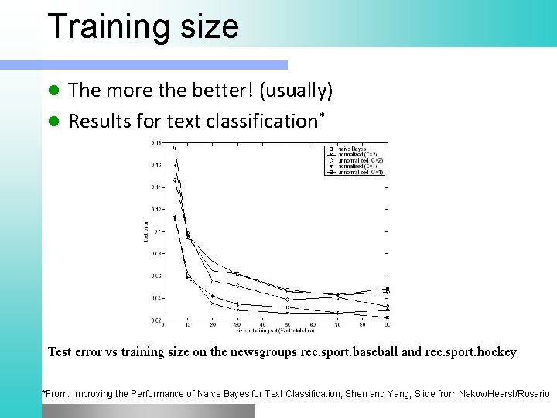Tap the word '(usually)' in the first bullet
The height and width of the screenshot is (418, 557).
[297, 91]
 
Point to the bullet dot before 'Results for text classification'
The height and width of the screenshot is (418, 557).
[53, 122]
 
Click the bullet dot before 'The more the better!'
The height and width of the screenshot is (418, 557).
[53, 91]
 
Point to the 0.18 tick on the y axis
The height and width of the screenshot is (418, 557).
[156, 143]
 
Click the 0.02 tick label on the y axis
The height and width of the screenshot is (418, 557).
[156, 320]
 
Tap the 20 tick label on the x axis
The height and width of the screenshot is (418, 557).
[213, 324]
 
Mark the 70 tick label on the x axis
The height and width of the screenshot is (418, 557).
[337, 324]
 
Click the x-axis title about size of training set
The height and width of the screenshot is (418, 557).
[275, 331]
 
